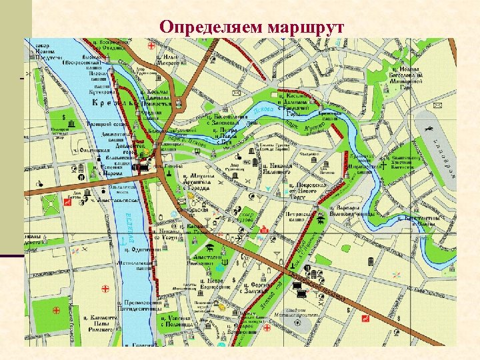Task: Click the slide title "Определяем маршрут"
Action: (252, 27)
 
